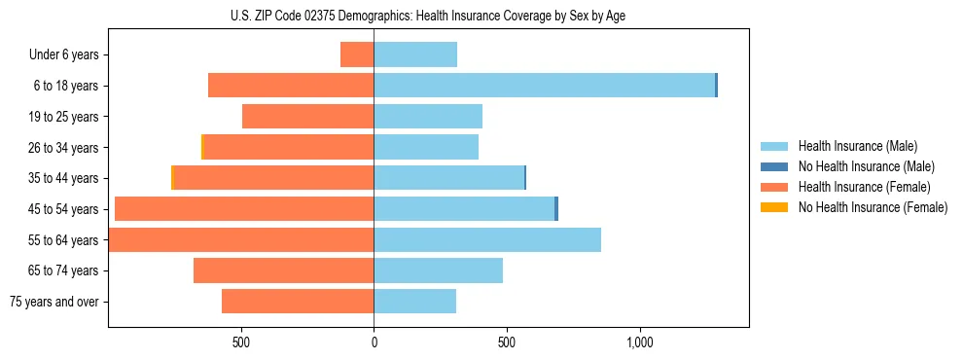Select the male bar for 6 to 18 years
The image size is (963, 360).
click(x=545, y=86)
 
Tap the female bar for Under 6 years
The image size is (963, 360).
click(x=357, y=54)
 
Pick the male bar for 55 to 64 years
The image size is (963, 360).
click(x=487, y=239)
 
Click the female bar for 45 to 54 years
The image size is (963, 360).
click(x=244, y=209)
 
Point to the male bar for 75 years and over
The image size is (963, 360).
click(x=415, y=302)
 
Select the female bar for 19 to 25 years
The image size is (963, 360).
click(x=308, y=117)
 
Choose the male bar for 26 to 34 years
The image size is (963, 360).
click(x=426, y=147)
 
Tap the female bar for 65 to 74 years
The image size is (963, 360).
click(x=284, y=270)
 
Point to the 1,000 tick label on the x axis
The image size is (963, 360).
click(x=639, y=343)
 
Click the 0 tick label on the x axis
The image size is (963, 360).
click(x=374, y=343)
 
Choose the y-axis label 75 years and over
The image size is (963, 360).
click(x=54, y=302)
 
